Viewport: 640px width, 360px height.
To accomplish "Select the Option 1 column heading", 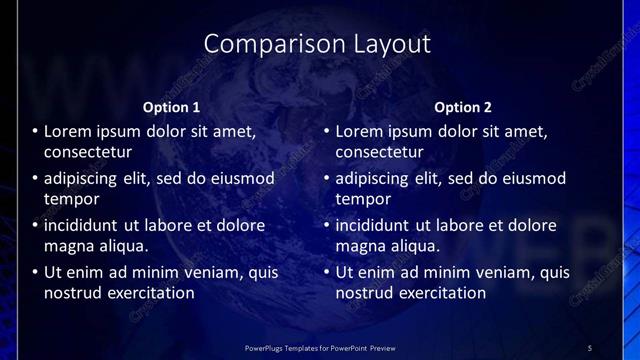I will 172,107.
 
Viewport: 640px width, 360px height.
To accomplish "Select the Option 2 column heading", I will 463,107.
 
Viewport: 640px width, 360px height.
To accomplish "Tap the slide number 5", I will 590,347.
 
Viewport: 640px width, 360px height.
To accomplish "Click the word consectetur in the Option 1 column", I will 88,152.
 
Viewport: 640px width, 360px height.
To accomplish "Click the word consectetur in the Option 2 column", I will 379,152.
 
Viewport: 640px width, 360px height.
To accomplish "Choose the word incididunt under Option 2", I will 377,225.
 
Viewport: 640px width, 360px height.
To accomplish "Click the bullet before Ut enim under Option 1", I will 36,272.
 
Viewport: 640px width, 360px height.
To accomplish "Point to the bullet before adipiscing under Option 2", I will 327,178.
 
